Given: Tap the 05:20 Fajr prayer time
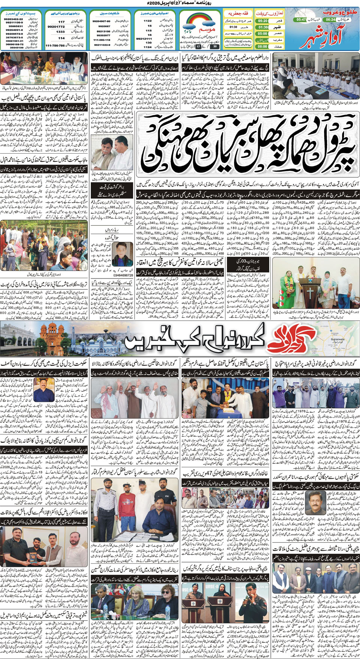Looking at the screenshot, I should click(x=263, y=21).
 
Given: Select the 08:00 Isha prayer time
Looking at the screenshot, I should click(x=263, y=47).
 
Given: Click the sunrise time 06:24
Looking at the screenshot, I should click(x=330, y=19).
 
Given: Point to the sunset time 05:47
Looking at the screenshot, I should click(x=301, y=19).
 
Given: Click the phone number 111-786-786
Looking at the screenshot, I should click(x=55, y=45).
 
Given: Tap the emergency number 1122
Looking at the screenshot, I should click(x=148, y=21).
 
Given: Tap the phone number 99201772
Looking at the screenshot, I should click(x=56, y=27).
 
